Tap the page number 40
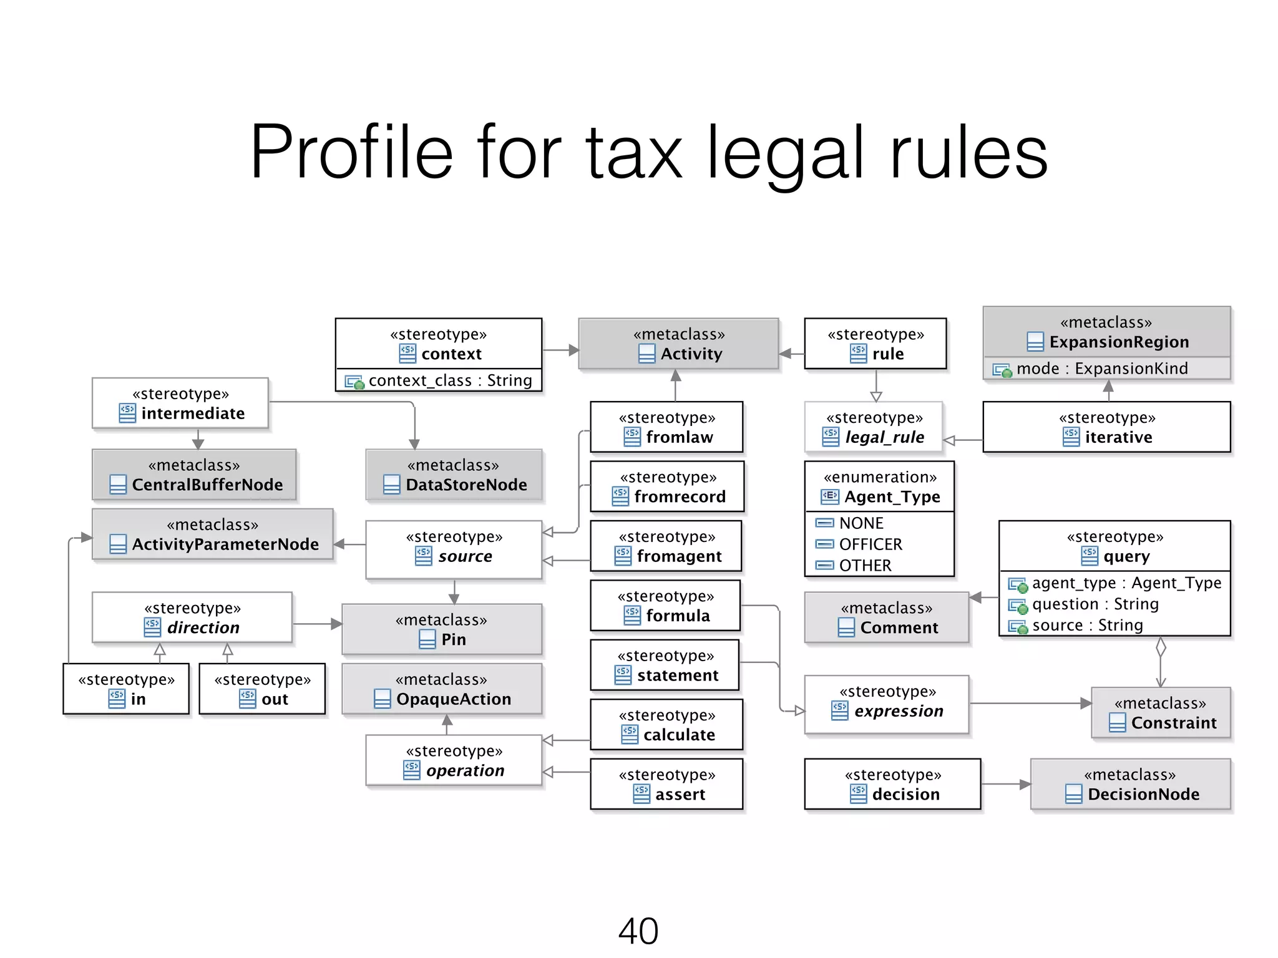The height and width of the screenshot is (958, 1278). [x=638, y=931]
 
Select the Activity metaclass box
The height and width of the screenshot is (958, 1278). [x=678, y=344]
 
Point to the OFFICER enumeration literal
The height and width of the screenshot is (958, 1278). [x=871, y=544]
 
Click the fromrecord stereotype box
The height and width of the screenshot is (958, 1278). [x=666, y=487]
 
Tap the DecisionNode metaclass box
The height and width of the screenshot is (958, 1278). [x=1130, y=785]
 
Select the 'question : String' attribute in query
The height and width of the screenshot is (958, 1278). [x=1095, y=604]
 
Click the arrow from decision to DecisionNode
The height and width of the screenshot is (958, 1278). [x=1005, y=784]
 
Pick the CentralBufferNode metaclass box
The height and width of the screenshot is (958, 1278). [x=194, y=475]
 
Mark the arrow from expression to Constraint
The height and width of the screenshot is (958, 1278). [x=1030, y=704]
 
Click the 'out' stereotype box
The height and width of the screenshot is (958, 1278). [x=262, y=689]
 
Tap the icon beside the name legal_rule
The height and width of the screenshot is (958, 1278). [x=831, y=437]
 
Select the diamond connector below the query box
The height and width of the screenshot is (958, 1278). [x=1161, y=647]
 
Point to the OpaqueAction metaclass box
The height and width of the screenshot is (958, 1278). [x=442, y=689]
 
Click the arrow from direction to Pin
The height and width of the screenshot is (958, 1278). [x=317, y=624]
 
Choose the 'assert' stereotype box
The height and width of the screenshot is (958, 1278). [x=666, y=785]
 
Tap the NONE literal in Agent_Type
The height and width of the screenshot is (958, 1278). [x=861, y=523]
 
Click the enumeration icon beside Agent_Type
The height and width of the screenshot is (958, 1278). [x=830, y=496]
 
